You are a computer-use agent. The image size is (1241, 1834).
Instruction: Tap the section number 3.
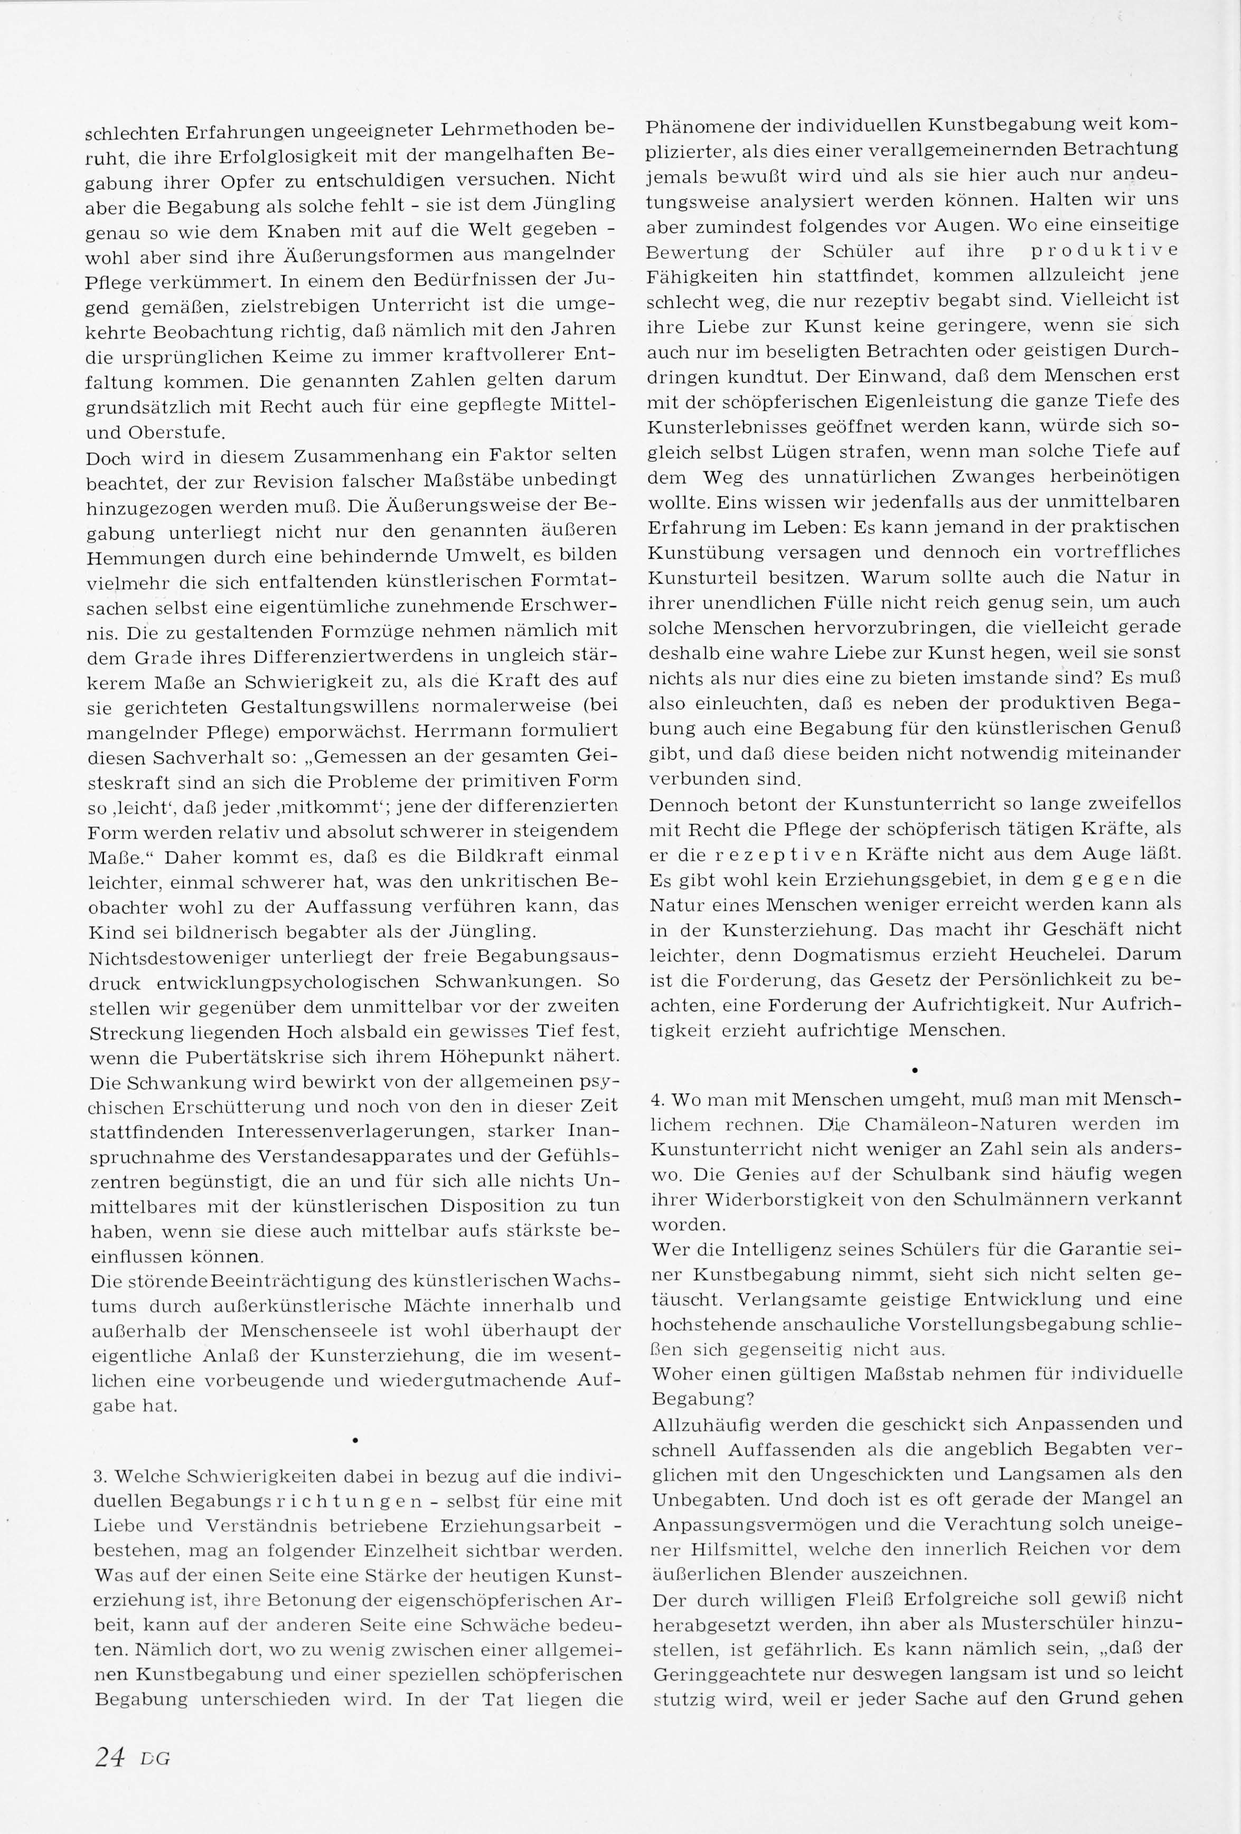tap(97, 1476)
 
